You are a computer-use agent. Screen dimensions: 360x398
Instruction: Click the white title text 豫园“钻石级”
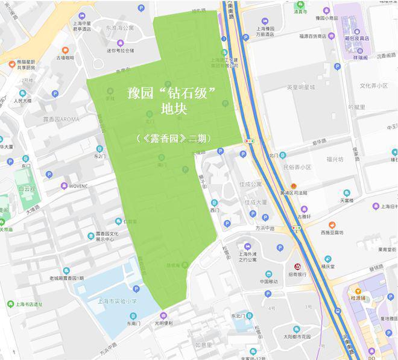[172, 93]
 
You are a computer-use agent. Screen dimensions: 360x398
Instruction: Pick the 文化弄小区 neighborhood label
[373, 86]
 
